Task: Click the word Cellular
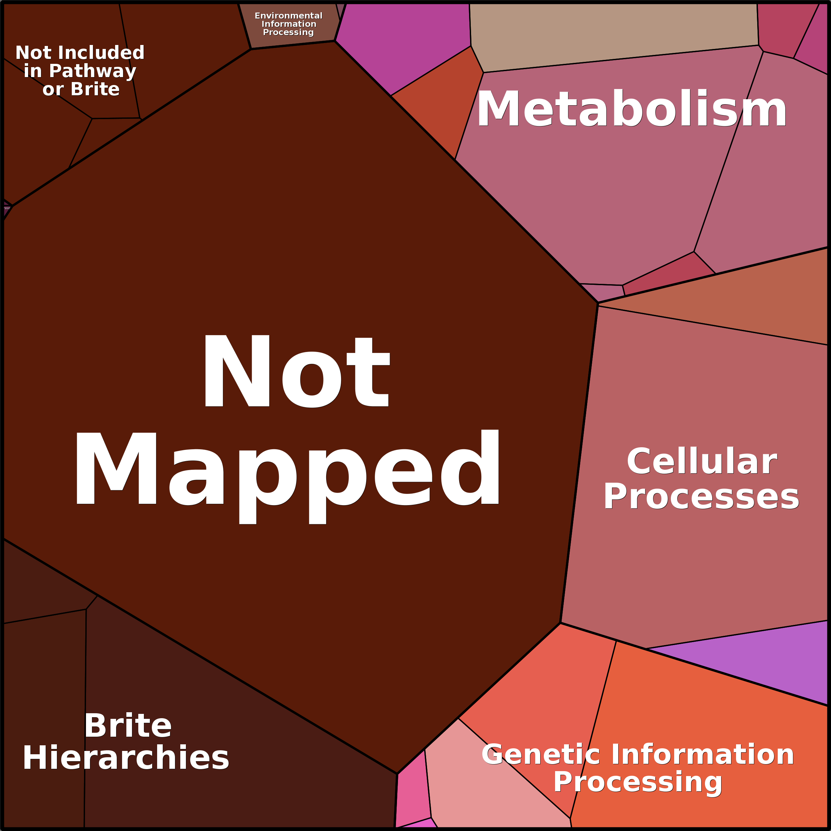(702, 461)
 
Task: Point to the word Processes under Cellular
(701, 497)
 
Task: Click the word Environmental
(288, 16)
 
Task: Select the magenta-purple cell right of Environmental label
(409, 43)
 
